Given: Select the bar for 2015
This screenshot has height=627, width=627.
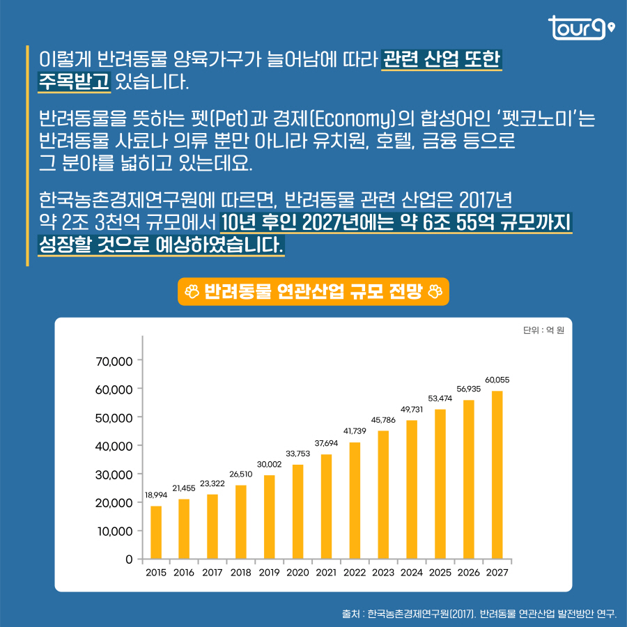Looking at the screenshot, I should (156, 532).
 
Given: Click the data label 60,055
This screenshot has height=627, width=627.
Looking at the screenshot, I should (497, 380).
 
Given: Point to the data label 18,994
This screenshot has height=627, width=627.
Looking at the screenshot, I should (156, 495).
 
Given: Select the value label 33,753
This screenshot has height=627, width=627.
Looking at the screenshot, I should (297, 454).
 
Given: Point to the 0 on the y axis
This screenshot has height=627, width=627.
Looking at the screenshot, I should (129, 559).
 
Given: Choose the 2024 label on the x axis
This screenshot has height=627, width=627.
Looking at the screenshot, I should (412, 573).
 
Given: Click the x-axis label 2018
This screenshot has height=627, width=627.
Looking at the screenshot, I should (241, 573).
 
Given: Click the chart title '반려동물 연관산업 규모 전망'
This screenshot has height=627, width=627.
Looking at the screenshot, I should (313, 292).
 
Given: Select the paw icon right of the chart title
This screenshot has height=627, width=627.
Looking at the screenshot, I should (435, 292).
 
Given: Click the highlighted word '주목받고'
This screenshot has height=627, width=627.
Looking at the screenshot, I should (74, 82).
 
